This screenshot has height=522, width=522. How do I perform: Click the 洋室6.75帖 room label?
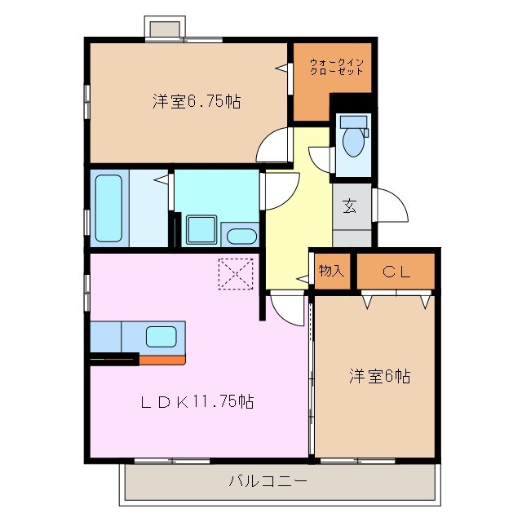click(x=196, y=102)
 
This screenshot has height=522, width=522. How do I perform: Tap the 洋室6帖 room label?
click(x=379, y=376)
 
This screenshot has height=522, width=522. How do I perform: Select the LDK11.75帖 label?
click(x=197, y=401)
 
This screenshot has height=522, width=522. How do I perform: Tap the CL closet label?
click(x=396, y=272)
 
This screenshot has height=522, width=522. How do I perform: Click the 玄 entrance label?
click(x=349, y=206)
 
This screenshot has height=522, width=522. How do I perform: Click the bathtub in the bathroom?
click(x=108, y=208)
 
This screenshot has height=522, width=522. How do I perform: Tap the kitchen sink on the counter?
click(x=161, y=335)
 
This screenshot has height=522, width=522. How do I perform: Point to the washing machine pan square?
click(x=200, y=230)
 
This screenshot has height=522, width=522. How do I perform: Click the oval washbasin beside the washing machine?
click(x=241, y=237)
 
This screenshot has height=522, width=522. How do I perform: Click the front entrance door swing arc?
click(x=391, y=207)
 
